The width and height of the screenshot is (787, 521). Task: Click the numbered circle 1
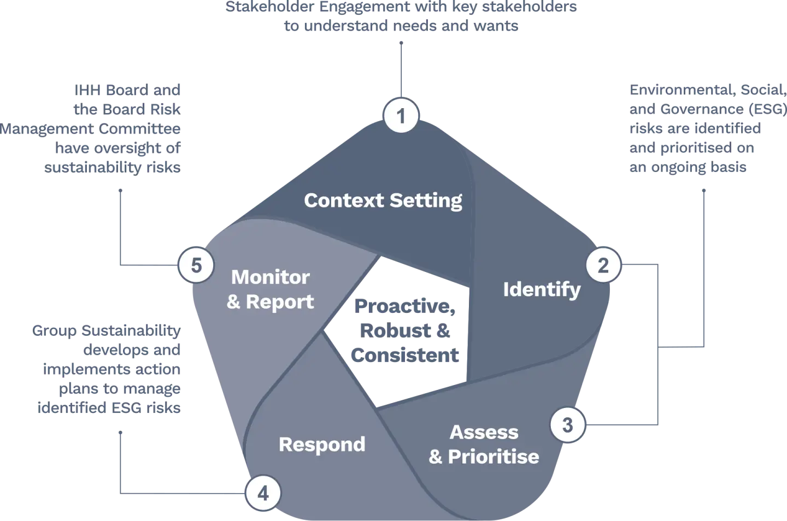tap(401, 116)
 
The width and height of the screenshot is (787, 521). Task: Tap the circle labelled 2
tap(603, 266)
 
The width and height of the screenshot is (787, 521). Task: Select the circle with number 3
tap(567, 424)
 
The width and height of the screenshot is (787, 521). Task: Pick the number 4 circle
tap(263, 494)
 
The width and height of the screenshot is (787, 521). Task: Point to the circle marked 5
tap(196, 266)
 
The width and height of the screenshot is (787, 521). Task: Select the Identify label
tap(542, 289)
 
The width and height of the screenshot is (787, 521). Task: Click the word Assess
tap(484, 432)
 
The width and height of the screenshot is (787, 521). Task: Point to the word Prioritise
tap(494, 457)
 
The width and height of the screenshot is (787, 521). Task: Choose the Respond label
tap(322, 444)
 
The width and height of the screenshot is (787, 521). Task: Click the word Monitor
tap(270, 277)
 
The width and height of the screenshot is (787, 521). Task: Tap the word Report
tap(280, 301)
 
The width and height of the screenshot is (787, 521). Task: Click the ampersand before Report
tap(233, 301)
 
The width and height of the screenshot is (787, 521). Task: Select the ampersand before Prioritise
tap(436, 457)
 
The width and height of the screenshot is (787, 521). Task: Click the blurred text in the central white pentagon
tap(404, 331)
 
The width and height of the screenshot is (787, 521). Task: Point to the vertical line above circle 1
tap(401, 68)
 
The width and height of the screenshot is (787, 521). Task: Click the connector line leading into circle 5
tap(120, 229)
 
